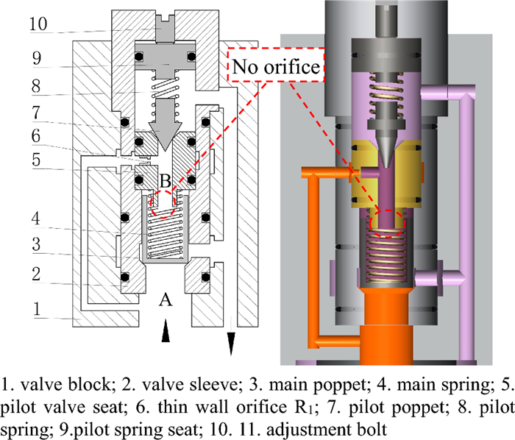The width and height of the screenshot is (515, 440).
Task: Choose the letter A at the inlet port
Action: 166,299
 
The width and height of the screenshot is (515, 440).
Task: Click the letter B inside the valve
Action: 166,180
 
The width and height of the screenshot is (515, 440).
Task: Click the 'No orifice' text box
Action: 277,67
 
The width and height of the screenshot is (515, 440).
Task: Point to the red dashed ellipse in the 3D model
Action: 386,221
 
